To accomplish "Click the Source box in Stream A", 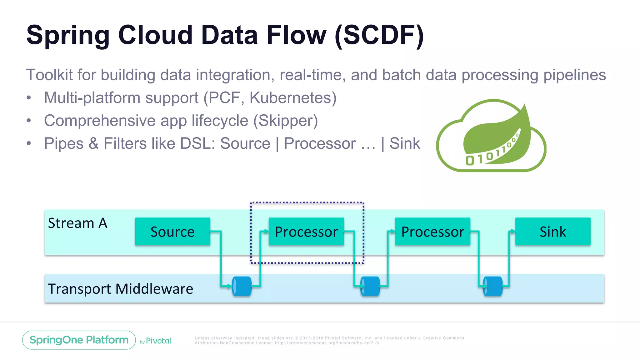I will click(x=172, y=232).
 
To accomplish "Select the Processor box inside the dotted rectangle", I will click(x=306, y=232).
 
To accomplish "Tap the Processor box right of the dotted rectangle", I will click(x=432, y=232).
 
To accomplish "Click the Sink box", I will click(x=553, y=232).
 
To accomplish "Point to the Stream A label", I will click(x=77, y=223).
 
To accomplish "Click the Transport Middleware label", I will click(x=120, y=288).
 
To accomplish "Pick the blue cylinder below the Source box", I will click(x=242, y=286).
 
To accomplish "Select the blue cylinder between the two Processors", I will click(x=370, y=286).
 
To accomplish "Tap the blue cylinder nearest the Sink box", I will click(x=493, y=286).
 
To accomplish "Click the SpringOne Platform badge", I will click(x=79, y=340).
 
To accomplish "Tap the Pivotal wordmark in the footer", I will click(x=158, y=341).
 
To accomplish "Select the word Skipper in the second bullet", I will click(x=285, y=121).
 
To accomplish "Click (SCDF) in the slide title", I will click(x=379, y=35).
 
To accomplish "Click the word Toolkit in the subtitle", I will click(x=49, y=75).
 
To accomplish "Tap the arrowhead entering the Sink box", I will click(x=512, y=231).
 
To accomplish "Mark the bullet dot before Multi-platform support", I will click(x=29, y=98).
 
